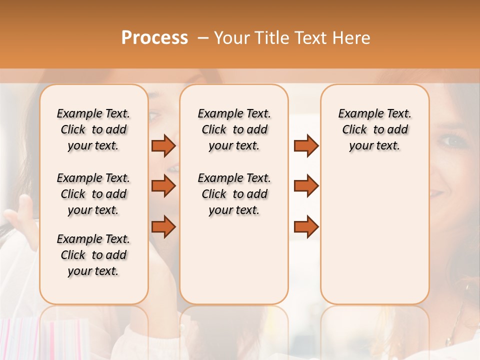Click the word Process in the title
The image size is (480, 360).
point(154,38)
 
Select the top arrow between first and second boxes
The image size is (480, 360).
point(163,146)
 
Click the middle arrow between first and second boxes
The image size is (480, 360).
point(163,186)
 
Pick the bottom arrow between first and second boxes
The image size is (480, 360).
point(163,226)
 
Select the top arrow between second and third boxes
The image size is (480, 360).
point(306,146)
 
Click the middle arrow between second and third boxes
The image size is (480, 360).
point(306,186)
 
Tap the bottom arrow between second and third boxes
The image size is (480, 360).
point(306,226)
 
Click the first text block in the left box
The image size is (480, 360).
point(93,129)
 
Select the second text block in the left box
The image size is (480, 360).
point(93,194)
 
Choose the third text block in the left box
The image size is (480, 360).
point(93,255)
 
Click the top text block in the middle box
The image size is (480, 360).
point(234,129)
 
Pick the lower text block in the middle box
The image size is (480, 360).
point(234,194)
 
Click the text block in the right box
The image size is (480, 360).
point(374,129)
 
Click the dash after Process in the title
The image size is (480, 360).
point(203,38)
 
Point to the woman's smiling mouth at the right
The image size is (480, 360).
point(438,191)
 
